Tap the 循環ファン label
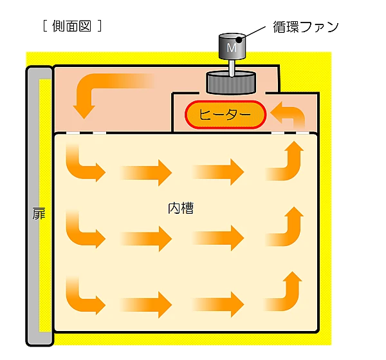click(306, 26)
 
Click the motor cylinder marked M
click(233, 46)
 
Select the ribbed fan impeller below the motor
click(230, 82)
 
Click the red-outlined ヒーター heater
click(225, 115)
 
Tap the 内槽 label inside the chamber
click(181, 209)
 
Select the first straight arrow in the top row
click(145, 172)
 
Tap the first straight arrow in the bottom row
click(145, 302)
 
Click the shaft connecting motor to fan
click(231, 66)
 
